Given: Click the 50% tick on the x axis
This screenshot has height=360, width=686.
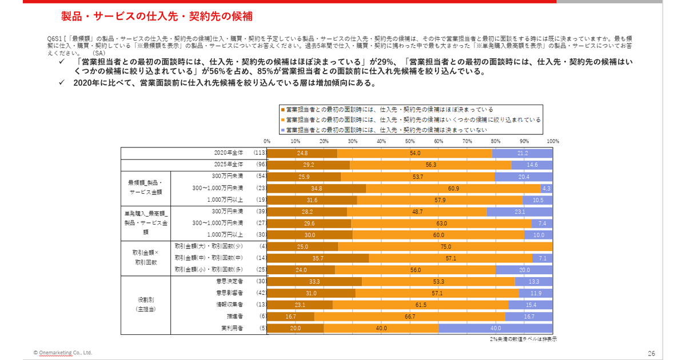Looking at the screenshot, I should pos(409,141).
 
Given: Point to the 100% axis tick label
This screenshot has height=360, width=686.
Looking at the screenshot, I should pos(552,141).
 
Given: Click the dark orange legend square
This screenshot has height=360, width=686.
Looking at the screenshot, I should pos(282,109).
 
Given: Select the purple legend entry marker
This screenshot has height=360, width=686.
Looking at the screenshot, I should pos(282,130).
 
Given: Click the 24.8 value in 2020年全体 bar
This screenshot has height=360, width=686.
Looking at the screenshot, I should pos(302,153).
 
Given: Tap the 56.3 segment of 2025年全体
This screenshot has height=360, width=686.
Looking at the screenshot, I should pos(430,165).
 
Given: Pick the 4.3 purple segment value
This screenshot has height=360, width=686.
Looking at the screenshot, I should pos(546,188).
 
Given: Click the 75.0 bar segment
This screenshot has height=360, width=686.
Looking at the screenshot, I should pos(445,247).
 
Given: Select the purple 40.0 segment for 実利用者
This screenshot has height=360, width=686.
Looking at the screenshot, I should pos(495,328).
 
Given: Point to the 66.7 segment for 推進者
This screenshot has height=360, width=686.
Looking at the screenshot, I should pos(409,316).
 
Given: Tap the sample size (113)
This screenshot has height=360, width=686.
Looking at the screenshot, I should pos(260,153).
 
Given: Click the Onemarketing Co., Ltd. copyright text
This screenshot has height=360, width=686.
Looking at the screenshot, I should pos(62,353).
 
